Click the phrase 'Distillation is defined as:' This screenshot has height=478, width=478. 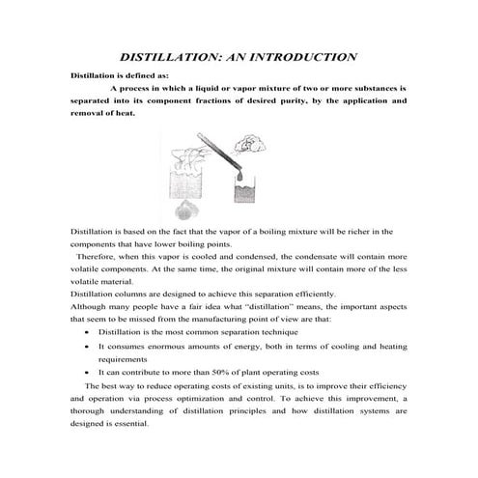click(x=112, y=73)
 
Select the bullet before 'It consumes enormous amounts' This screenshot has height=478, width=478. click(x=88, y=345)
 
